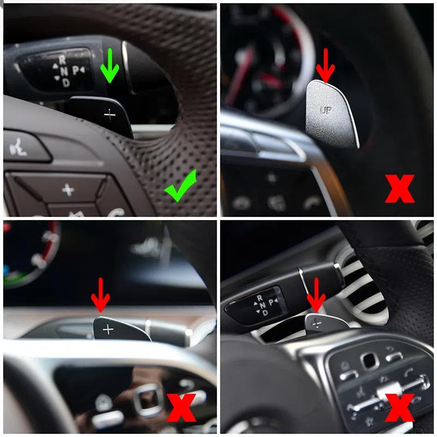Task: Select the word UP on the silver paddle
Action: (x=326, y=109)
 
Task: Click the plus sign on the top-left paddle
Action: (x=110, y=115)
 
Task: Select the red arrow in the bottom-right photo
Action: (x=316, y=296)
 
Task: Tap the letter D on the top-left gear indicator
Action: (x=66, y=82)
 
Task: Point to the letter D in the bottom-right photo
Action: (x=265, y=314)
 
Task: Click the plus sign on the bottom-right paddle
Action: (x=316, y=322)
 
